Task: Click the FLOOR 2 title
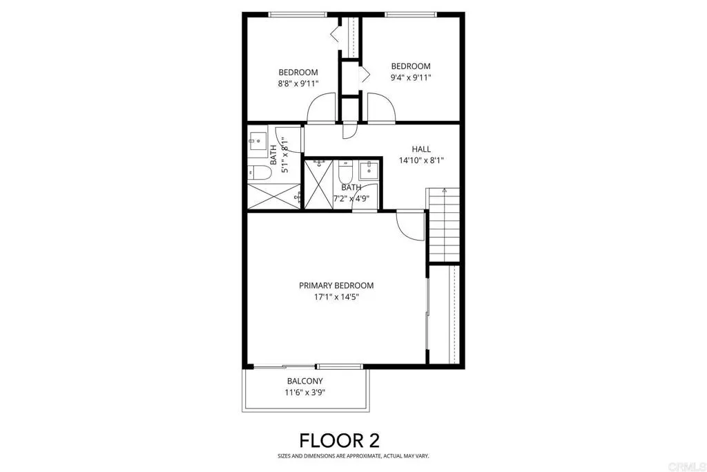coord(339,440)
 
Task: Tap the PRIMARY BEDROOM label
coord(336,285)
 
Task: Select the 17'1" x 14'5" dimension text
coord(336,297)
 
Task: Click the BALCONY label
coord(304,381)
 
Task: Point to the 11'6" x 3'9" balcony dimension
coord(304,393)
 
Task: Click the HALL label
coord(421,149)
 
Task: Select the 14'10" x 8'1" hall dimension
coord(421,160)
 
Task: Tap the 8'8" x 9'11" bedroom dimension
coord(298,84)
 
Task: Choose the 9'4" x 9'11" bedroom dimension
coord(410,77)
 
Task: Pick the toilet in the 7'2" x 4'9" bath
coord(346,171)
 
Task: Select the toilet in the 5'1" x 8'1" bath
coord(258,173)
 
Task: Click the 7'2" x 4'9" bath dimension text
coord(351,199)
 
